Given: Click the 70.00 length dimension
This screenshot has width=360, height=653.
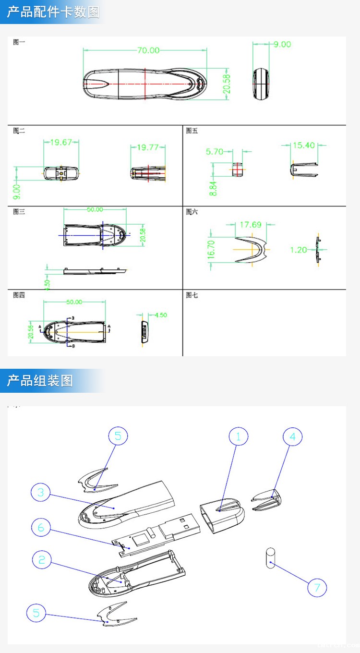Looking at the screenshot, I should tap(148, 50).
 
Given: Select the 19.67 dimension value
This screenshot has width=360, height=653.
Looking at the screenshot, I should tap(61, 142).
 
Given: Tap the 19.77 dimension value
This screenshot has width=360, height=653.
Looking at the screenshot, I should tap(148, 147).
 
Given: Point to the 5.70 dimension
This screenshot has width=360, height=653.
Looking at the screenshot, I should tap(215, 152).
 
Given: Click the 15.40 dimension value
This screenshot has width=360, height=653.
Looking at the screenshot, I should tap(304, 145).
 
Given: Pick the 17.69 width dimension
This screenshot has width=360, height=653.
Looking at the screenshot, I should tap(250, 224).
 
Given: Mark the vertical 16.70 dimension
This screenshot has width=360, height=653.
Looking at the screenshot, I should tap(212, 250).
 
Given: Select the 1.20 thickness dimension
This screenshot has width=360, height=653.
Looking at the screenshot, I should tap(299, 250).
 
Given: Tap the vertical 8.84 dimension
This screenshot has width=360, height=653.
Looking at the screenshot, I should tap(213, 185).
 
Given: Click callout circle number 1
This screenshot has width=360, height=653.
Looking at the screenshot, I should tap(239, 436).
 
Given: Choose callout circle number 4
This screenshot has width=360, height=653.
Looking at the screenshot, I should tap(293, 436).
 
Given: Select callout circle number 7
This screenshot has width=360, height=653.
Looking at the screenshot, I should tap(317, 587).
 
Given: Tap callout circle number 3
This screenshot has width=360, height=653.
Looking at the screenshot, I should tap(41, 492).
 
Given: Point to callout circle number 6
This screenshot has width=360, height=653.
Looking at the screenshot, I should tap(41, 528).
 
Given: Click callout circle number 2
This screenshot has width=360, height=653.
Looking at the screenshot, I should tap(42, 559).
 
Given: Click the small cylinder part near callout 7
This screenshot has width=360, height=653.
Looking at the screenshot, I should tap(270, 558).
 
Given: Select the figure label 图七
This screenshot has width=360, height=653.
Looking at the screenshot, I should tap(192, 295).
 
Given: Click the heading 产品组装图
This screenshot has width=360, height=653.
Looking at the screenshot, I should tap(40, 381).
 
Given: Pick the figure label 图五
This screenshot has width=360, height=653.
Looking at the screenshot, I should tap(192, 131).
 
